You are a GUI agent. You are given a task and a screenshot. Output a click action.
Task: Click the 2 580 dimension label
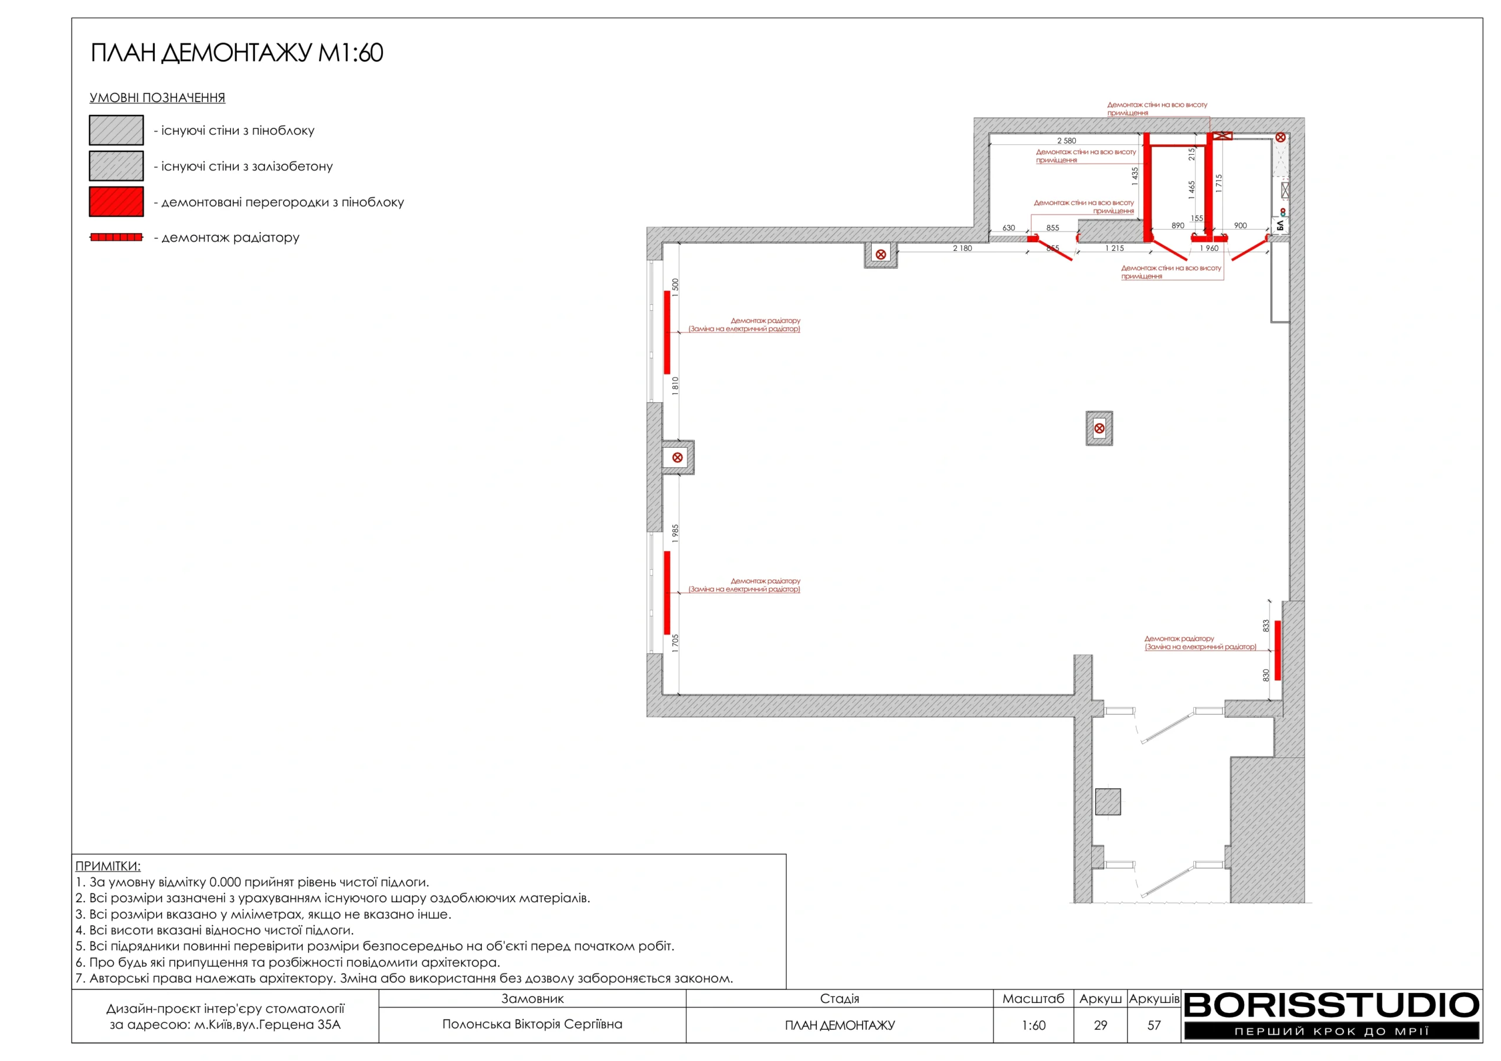(1067, 141)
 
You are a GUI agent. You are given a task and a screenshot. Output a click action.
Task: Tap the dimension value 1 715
(1218, 183)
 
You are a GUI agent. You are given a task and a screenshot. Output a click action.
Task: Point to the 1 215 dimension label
(1115, 249)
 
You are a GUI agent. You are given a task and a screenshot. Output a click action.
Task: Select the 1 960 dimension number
(1209, 249)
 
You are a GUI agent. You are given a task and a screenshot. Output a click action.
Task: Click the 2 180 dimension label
(962, 249)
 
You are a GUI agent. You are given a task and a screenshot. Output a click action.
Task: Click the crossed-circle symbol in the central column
(1099, 429)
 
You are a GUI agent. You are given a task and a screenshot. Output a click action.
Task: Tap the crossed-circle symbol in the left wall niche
(677, 458)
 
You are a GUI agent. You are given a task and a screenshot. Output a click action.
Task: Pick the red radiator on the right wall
(1278, 651)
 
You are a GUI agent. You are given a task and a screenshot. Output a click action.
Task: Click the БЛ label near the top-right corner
(1280, 226)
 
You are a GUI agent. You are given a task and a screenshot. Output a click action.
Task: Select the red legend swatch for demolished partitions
(116, 201)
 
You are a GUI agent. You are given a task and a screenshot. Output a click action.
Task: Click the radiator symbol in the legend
(116, 237)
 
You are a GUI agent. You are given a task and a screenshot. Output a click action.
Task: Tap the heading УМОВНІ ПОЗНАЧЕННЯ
(158, 98)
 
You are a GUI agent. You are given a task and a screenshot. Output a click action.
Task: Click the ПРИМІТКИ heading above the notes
(108, 866)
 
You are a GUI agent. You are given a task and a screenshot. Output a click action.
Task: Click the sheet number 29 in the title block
(1101, 1026)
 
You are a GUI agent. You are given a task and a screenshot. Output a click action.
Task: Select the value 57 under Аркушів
(1154, 1026)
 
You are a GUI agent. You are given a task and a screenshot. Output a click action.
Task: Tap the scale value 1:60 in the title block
(1033, 1026)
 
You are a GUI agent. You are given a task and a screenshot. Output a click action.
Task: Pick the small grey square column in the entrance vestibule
(1108, 801)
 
